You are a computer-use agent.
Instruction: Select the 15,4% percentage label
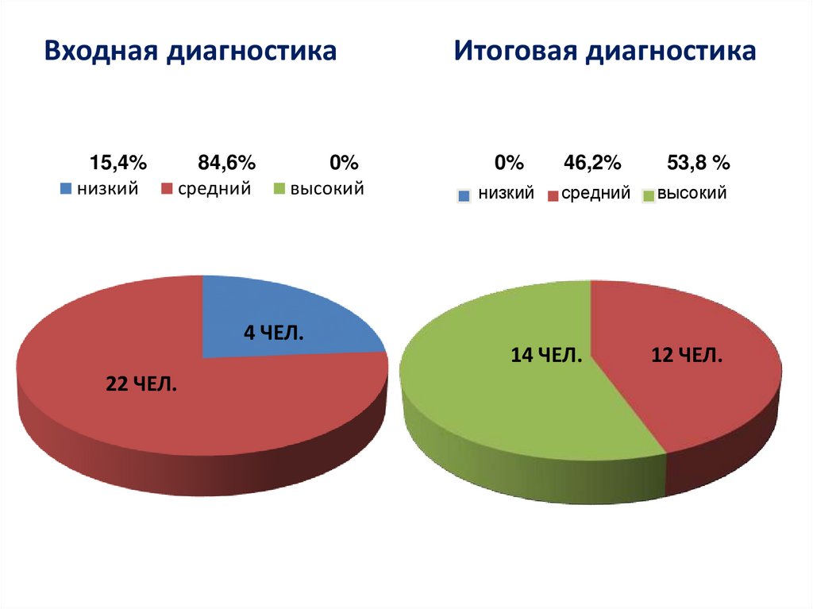click(x=118, y=164)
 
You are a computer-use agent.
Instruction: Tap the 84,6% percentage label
click(x=226, y=164)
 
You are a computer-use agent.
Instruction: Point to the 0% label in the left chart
click(x=345, y=164)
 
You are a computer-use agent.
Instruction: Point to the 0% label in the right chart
click(x=509, y=164)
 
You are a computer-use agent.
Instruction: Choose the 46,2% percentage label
click(x=592, y=164)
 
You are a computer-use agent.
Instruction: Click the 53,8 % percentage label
click(x=698, y=164)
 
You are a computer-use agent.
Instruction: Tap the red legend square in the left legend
click(x=168, y=190)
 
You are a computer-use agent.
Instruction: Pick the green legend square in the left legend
click(x=279, y=190)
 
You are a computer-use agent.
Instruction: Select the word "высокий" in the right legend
click(x=692, y=193)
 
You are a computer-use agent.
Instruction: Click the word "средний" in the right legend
click(x=595, y=193)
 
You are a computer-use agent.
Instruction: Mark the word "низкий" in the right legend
click(x=505, y=193)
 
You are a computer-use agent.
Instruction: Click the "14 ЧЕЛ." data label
click(x=547, y=356)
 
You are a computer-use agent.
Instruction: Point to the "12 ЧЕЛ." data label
click(x=687, y=356)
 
